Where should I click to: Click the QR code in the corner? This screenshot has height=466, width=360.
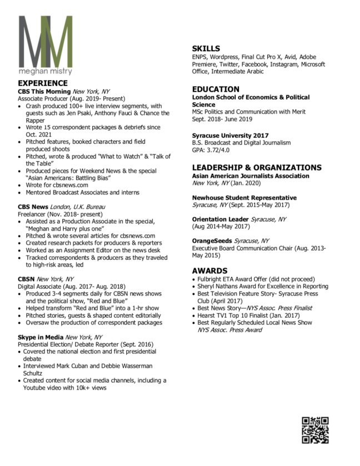click(x=315, y=430)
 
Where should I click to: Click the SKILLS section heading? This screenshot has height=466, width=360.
click(x=206, y=48)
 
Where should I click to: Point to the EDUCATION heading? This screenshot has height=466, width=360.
click(x=216, y=89)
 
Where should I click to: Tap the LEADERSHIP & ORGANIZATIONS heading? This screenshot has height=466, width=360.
click(x=257, y=167)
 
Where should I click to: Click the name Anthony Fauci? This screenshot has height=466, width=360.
click(x=132, y=113)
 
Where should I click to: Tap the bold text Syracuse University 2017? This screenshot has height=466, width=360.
click(x=231, y=136)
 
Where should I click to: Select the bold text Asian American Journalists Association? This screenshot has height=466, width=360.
click(x=251, y=176)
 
